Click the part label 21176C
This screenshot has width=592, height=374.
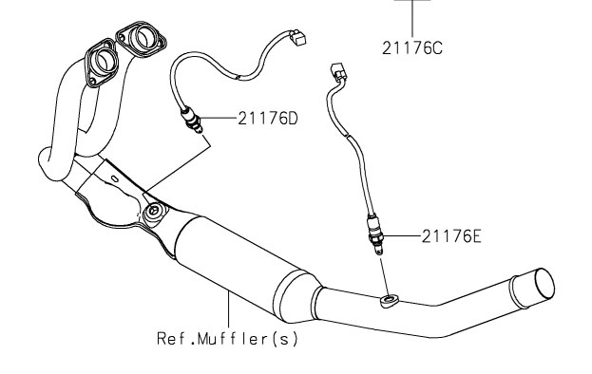point(411,48)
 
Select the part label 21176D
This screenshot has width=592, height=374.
point(268,119)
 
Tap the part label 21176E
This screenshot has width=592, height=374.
point(451,236)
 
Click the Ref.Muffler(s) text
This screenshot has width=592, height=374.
point(228,339)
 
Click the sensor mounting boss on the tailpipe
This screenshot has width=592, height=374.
point(389,301)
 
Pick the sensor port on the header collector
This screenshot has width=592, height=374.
point(154,212)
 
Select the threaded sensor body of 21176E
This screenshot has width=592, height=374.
point(375,234)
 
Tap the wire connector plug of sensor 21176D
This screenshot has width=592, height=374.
point(296,37)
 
